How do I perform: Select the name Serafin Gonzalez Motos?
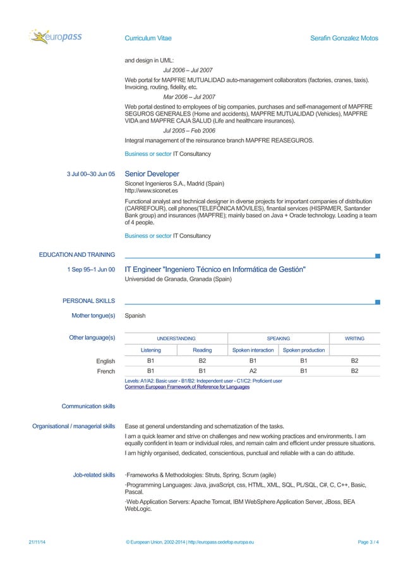coord(344,39)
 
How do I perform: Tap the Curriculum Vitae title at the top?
coord(148,39)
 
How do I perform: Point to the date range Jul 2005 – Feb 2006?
coord(189,131)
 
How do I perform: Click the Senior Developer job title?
coord(152,174)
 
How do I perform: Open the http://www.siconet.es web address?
coord(151,190)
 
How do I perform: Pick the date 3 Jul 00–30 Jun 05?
coord(91,174)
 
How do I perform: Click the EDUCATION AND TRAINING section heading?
coord(76,255)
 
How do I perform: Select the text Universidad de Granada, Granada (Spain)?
coord(178,278)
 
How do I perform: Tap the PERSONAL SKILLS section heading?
coord(88,301)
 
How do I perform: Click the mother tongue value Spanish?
coord(135,315)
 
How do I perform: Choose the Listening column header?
coord(150,350)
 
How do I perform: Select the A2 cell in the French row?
coord(253,372)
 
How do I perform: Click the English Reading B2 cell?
coord(202,361)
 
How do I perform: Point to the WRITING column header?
coord(354,338)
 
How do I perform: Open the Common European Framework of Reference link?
coord(187,387)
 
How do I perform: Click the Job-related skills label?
coord(94,475)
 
